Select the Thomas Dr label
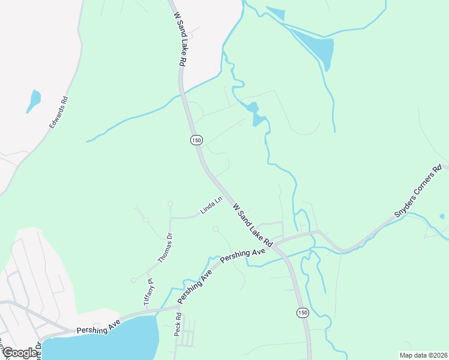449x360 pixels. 165,248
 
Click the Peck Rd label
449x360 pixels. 178,324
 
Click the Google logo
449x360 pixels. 19,353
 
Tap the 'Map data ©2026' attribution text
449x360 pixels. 424,355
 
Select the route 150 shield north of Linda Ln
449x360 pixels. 196,140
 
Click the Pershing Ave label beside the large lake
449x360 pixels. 98,326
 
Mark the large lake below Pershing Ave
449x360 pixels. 108,342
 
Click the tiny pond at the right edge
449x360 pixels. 442,216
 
